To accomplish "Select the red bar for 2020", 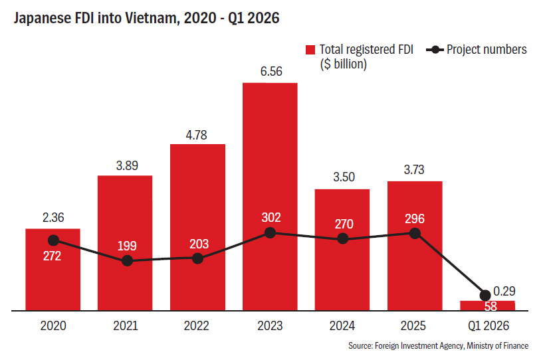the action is pos(53,270).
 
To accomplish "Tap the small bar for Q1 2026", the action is pos(487,306).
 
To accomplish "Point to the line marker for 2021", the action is pos(127,260).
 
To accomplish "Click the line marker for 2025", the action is pos(415,233).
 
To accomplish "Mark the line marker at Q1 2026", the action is pos(485,296).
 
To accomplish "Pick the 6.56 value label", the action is pos(271,71).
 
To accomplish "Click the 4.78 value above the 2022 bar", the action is pos(197,135).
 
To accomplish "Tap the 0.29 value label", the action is pos(504,291).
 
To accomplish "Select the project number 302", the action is pos(271,218).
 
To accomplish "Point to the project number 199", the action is pos(127,246).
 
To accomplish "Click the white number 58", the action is pos(491,306).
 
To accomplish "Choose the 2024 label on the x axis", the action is pos(342,325).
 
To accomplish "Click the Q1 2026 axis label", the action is pos(489,326).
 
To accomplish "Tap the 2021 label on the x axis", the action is pos(126,325).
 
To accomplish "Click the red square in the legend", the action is pos(310,50).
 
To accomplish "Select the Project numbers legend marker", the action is pos(435,50).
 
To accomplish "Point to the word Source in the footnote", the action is pos(360,345).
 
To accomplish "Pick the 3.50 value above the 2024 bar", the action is pos(344,177).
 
